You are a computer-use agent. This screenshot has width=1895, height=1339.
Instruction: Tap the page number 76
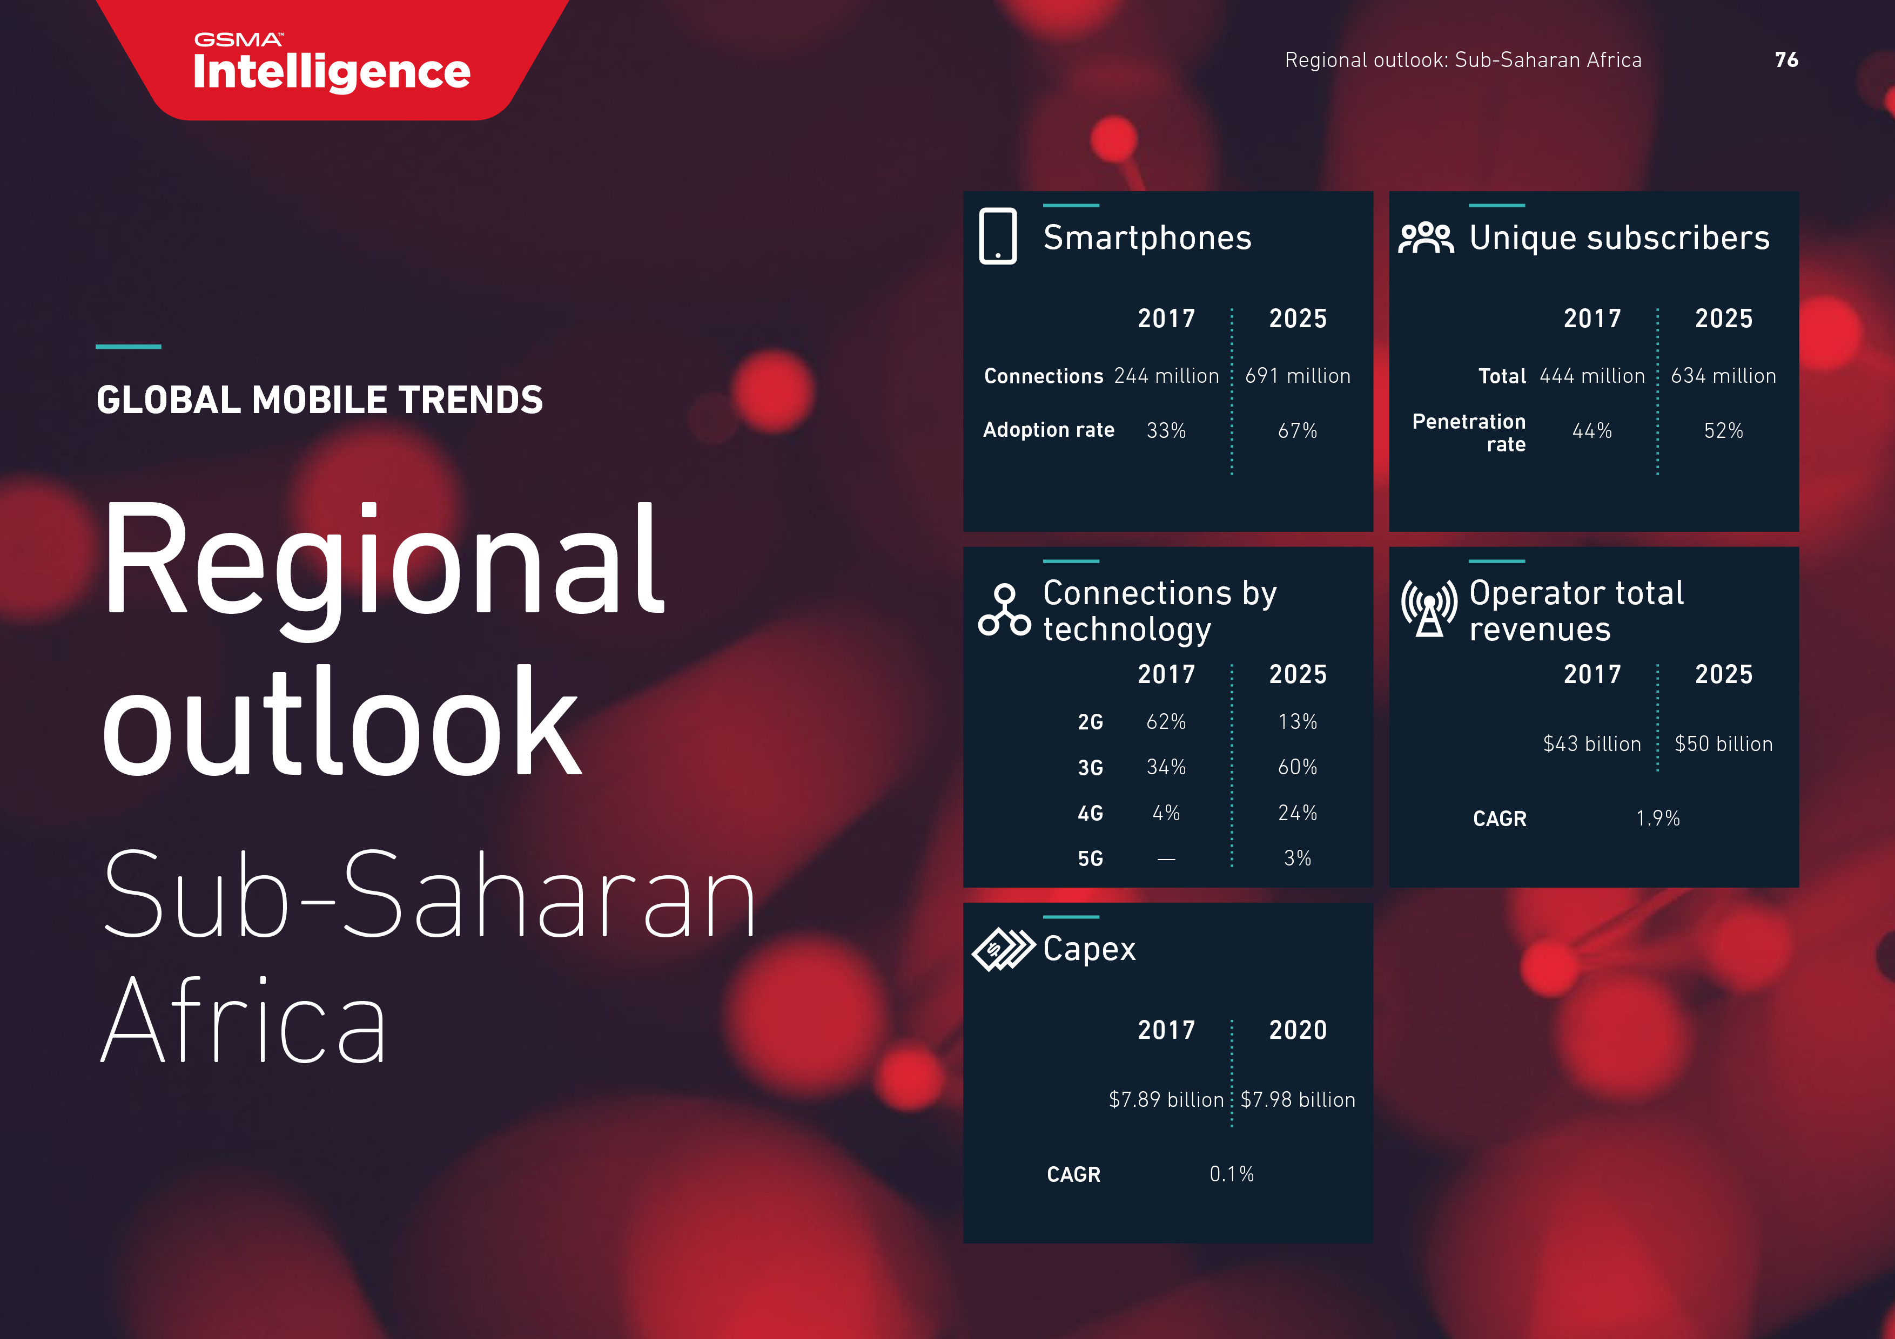tap(1786, 59)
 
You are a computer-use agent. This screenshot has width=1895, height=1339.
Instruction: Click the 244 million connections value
tap(1166, 376)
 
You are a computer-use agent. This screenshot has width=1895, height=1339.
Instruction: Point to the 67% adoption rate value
tap(1298, 431)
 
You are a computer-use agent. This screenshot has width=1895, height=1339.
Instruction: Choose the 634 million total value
tap(1723, 376)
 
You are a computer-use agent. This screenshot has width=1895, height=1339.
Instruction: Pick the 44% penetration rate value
tap(1592, 431)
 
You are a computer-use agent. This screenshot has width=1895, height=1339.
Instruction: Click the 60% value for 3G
tap(1298, 767)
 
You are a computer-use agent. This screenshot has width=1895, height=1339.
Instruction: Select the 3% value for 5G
tap(1298, 859)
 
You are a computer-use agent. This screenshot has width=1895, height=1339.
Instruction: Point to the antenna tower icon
tap(1429, 608)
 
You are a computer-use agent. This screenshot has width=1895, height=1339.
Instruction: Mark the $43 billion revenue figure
tap(1592, 744)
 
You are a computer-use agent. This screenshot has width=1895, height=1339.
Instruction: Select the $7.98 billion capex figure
tap(1298, 1100)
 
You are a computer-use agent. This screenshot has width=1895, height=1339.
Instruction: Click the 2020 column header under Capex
tap(1298, 1031)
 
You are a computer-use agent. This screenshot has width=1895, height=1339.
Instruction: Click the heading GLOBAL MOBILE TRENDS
tap(319, 400)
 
